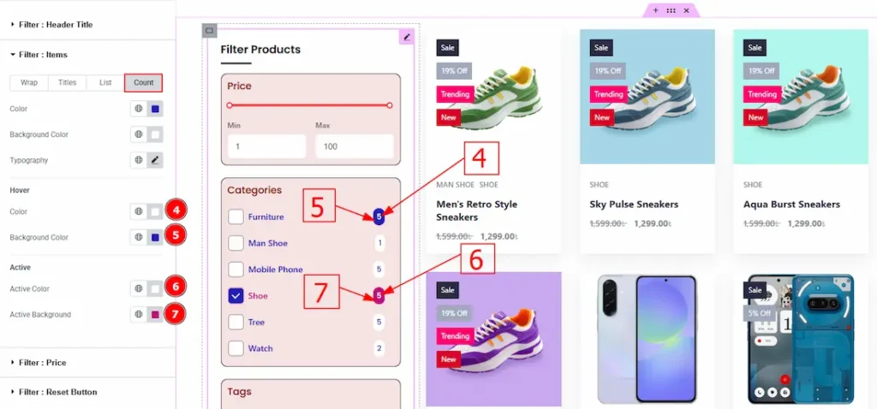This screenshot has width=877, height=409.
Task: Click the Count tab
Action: tap(143, 83)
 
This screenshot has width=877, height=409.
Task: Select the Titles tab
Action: tap(67, 83)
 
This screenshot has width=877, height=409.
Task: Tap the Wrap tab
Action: tap(29, 83)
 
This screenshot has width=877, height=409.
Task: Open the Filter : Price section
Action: tap(43, 363)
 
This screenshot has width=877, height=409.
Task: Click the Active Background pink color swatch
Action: tap(156, 315)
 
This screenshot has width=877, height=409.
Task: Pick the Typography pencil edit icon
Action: tap(156, 160)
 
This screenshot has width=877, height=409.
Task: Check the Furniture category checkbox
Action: tap(236, 216)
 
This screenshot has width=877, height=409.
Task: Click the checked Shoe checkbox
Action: tap(236, 296)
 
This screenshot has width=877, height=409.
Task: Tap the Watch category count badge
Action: tap(379, 348)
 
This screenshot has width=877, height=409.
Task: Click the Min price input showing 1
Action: tap(267, 146)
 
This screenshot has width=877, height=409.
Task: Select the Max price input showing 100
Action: tap(355, 146)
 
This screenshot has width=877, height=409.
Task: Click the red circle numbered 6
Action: tap(176, 287)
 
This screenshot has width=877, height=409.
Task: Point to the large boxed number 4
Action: tap(480, 158)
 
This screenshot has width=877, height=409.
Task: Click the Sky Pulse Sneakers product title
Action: tap(635, 204)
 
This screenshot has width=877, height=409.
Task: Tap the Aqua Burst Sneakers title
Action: tap(791, 204)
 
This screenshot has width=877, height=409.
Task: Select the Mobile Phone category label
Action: tap(276, 270)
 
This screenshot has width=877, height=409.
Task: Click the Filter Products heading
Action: tap(260, 49)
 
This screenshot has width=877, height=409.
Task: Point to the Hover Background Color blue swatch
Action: tap(156, 238)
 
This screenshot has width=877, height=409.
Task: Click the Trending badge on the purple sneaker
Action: tap(455, 335)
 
